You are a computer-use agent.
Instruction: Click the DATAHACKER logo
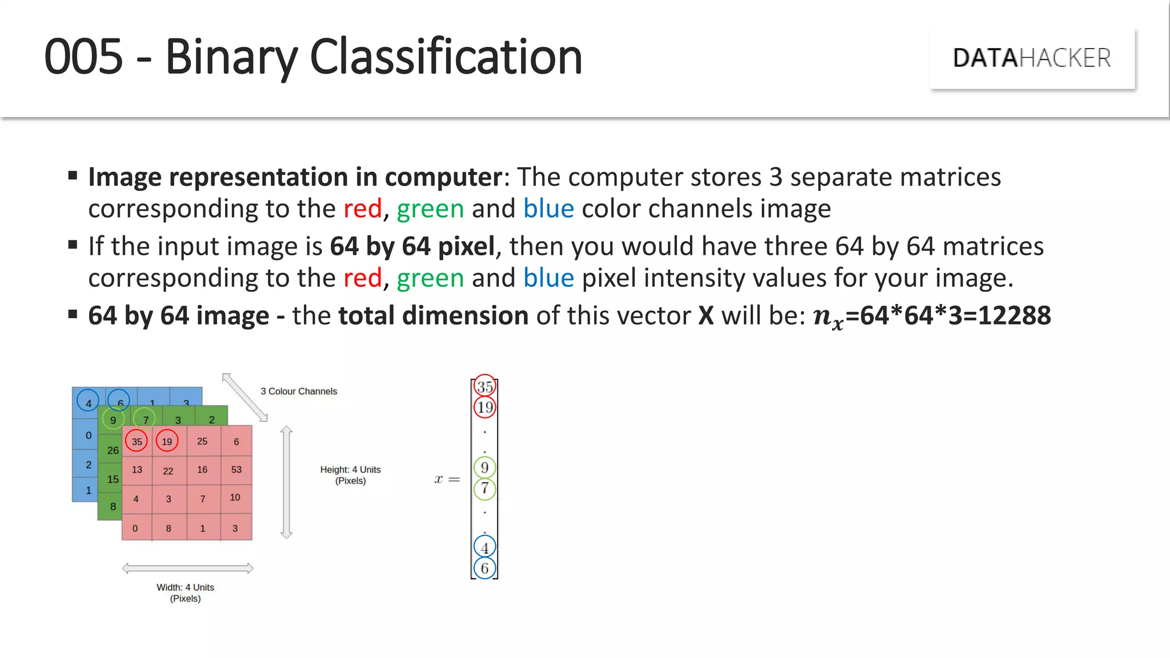(1032, 58)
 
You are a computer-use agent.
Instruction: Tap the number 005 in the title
(83, 57)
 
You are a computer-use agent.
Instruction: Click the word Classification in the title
(446, 57)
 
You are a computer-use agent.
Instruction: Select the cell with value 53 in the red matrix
(237, 470)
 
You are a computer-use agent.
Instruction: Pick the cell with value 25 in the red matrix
(202, 441)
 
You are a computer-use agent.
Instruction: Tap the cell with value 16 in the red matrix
(202, 470)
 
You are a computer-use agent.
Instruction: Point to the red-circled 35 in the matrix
(137, 442)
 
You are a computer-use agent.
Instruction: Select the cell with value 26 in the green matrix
(113, 451)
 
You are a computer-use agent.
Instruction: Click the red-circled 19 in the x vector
(485, 407)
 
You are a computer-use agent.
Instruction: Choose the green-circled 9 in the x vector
(484, 468)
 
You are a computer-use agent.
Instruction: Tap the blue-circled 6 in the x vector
(484, 568)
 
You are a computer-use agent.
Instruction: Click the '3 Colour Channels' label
(299, 391)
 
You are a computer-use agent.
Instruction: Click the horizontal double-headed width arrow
(187, 568)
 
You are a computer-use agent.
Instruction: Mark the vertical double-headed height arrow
(287, 483)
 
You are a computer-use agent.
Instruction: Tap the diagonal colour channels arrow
(245, 397)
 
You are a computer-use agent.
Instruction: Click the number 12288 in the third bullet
(1014, 315)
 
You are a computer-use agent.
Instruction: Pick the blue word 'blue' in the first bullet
(548, 208)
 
